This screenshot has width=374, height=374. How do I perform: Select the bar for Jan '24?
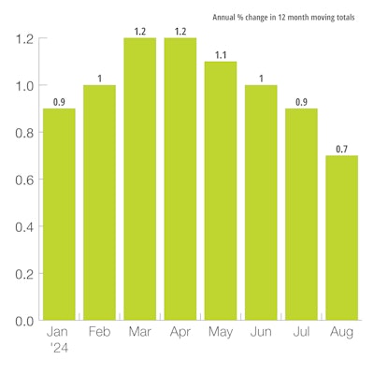[x=59, y=214]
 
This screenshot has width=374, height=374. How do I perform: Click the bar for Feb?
[x=99, y=202]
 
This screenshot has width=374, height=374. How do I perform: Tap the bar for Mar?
[x=139, y=179]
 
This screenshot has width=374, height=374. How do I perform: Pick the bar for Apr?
[x=180, y=179]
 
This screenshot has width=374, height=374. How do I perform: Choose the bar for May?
[x=221, y=191]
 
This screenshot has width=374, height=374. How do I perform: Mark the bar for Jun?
[x=261, y=202]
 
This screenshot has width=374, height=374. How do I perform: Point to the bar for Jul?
[x=301, y=214]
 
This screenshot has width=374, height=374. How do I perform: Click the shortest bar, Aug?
[x=341, y=237]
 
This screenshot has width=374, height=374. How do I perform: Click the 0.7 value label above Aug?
[x=341, y=148]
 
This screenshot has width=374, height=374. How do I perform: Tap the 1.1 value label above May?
[x=221, y=54]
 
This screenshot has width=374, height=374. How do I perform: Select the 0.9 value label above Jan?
[x=59, y=101]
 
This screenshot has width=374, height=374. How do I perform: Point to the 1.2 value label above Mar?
[x=139, y=31]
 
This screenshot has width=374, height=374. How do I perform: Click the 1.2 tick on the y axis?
[x=23, y=39]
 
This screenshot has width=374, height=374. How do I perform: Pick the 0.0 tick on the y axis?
[x=23, y=321]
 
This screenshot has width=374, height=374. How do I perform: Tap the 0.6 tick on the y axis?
[x=23, y=180]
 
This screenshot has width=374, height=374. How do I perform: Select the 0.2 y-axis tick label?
[x=23, y=274]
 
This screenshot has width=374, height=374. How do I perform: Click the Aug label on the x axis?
[x=341, y=332]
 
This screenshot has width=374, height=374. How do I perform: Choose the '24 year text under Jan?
[x=59, y=347]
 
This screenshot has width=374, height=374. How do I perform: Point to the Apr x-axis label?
[x=180, y=333]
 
